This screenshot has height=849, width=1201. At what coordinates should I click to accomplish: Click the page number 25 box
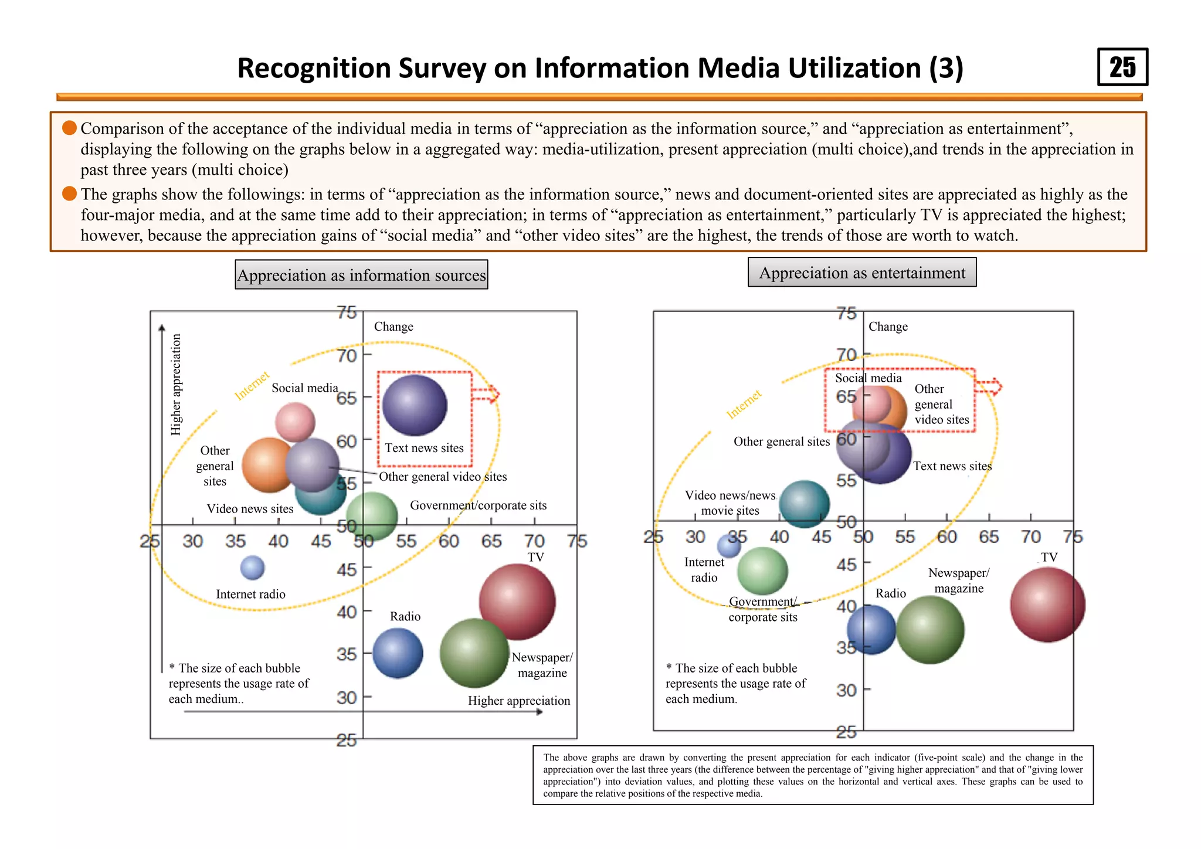(x=1122, y=67)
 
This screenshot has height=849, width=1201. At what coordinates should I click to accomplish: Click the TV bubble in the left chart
(x=517, y=601)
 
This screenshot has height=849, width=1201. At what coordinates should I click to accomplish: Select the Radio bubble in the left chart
(x=398, y=653)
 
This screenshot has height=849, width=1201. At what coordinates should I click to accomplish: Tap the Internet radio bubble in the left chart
(x=252, y=568)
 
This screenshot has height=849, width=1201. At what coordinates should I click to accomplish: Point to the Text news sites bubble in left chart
(x=415, y=405)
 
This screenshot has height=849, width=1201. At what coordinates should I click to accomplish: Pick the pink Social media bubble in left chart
(x=295, y=421)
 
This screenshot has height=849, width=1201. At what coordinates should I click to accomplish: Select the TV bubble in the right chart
(x=1047, y=605)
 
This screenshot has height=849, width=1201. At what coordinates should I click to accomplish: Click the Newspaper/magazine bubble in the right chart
(x=930, y=630)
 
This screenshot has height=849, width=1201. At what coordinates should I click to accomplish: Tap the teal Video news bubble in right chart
(x=804, y=504)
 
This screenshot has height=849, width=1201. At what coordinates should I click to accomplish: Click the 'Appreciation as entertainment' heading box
(x=861, y=273)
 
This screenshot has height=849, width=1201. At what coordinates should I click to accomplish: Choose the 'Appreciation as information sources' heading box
(x=361, y=275)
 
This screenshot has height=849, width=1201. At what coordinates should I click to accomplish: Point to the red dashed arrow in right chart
(x=989, y=387)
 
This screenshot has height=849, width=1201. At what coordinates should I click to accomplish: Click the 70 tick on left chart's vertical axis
(x=347, y=355)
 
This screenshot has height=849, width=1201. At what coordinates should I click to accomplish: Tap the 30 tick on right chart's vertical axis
(x=846, y=690)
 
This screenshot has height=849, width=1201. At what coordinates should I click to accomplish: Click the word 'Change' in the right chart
(x=887, y=327)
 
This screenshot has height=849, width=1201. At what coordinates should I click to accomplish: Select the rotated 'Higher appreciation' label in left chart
(x=176, y=384)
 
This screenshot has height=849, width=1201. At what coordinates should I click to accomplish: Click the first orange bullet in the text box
(x=70, y=128)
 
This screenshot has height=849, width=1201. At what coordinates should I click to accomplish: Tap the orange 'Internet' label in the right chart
(x=744, y=404)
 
